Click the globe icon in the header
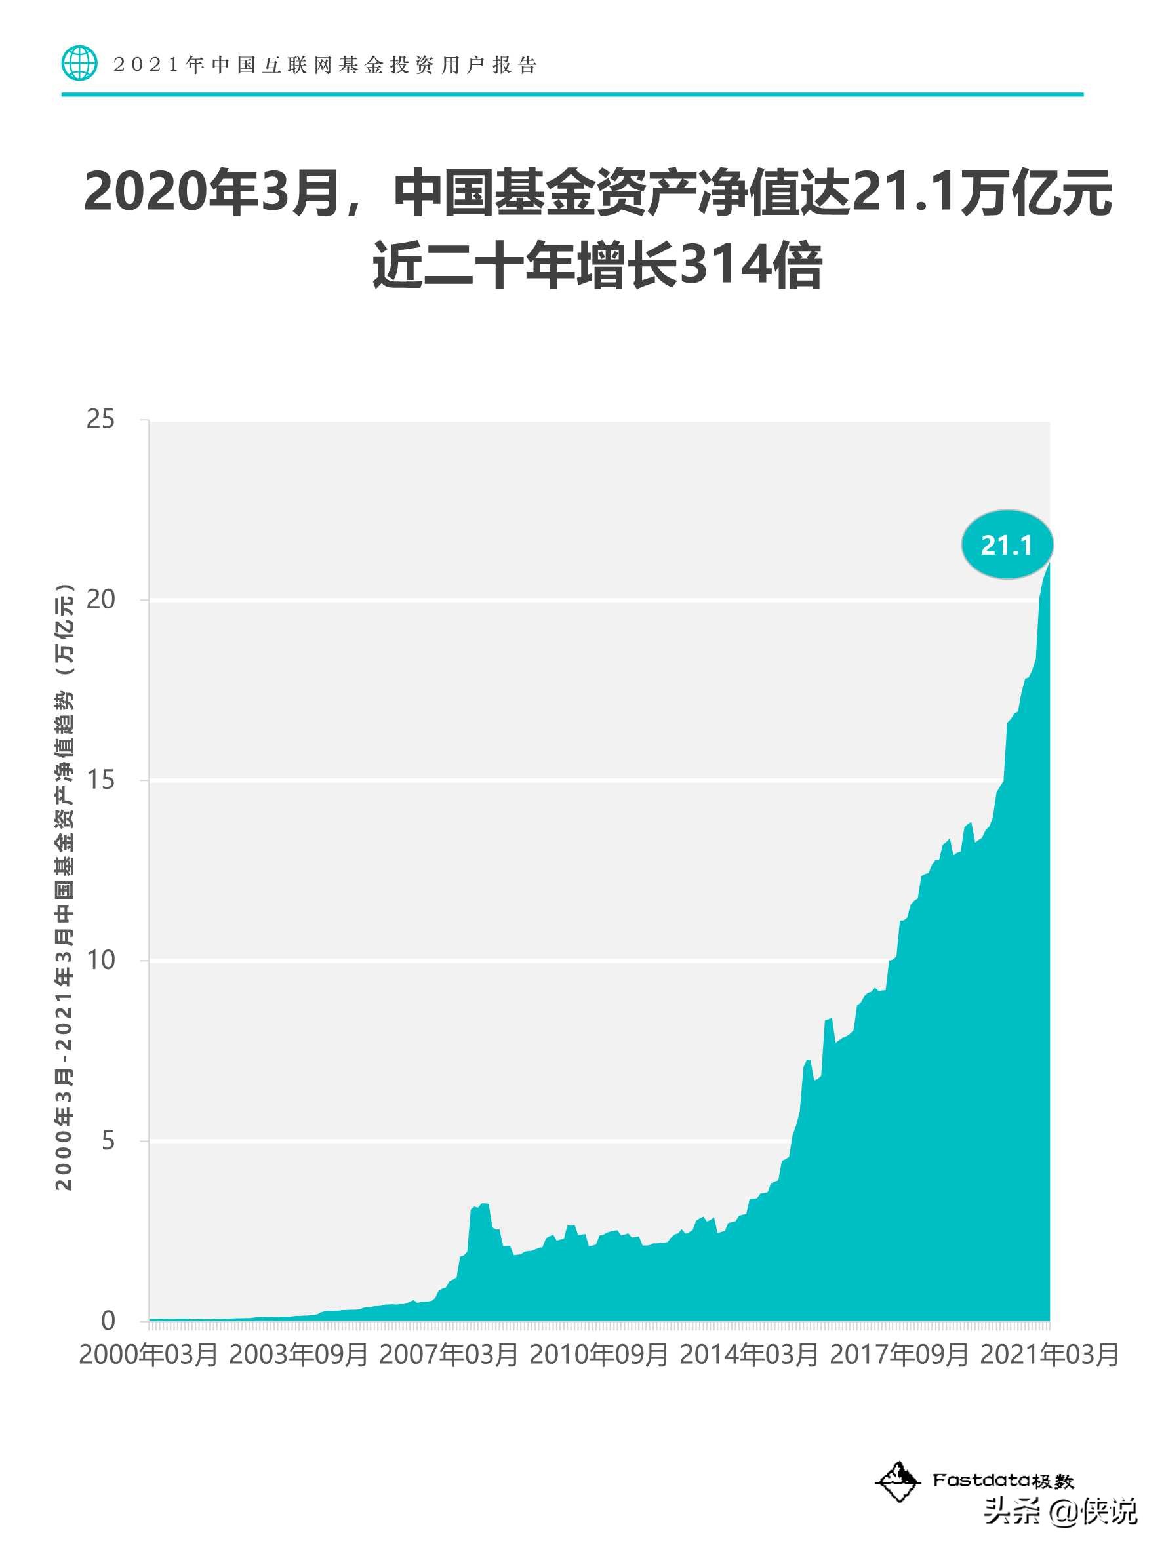tap(79, 64)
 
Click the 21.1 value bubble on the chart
tap(1007, 544)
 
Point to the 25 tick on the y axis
tap(100, 419)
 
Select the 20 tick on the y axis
tap(100, 599)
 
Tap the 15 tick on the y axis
tap(100, 780)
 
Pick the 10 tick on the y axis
tap(100, 960)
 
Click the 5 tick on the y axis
tap(108, 1140)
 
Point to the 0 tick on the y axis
tap(108, 1321)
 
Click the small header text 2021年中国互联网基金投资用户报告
tap(325, 66)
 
